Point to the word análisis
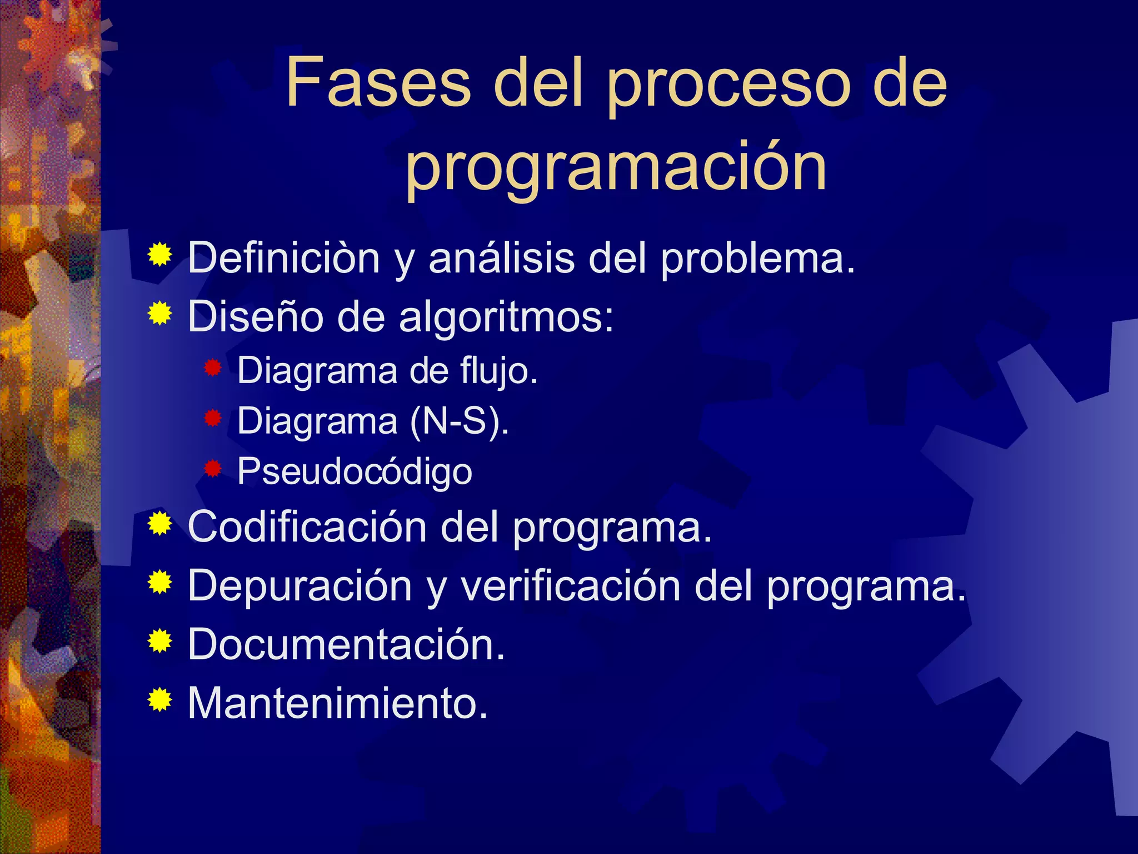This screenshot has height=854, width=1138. coord(501,259)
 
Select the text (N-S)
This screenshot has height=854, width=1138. coord(459,421)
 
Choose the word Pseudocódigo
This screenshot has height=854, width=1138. coord(355,471)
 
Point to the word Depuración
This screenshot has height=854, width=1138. coord(300,586)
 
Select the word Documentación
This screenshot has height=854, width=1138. coord(346,644)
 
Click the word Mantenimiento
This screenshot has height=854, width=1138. coord(337,703)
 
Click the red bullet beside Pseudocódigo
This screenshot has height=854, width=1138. coord(213,469)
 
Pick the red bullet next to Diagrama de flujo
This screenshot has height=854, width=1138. coord(213,368)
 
